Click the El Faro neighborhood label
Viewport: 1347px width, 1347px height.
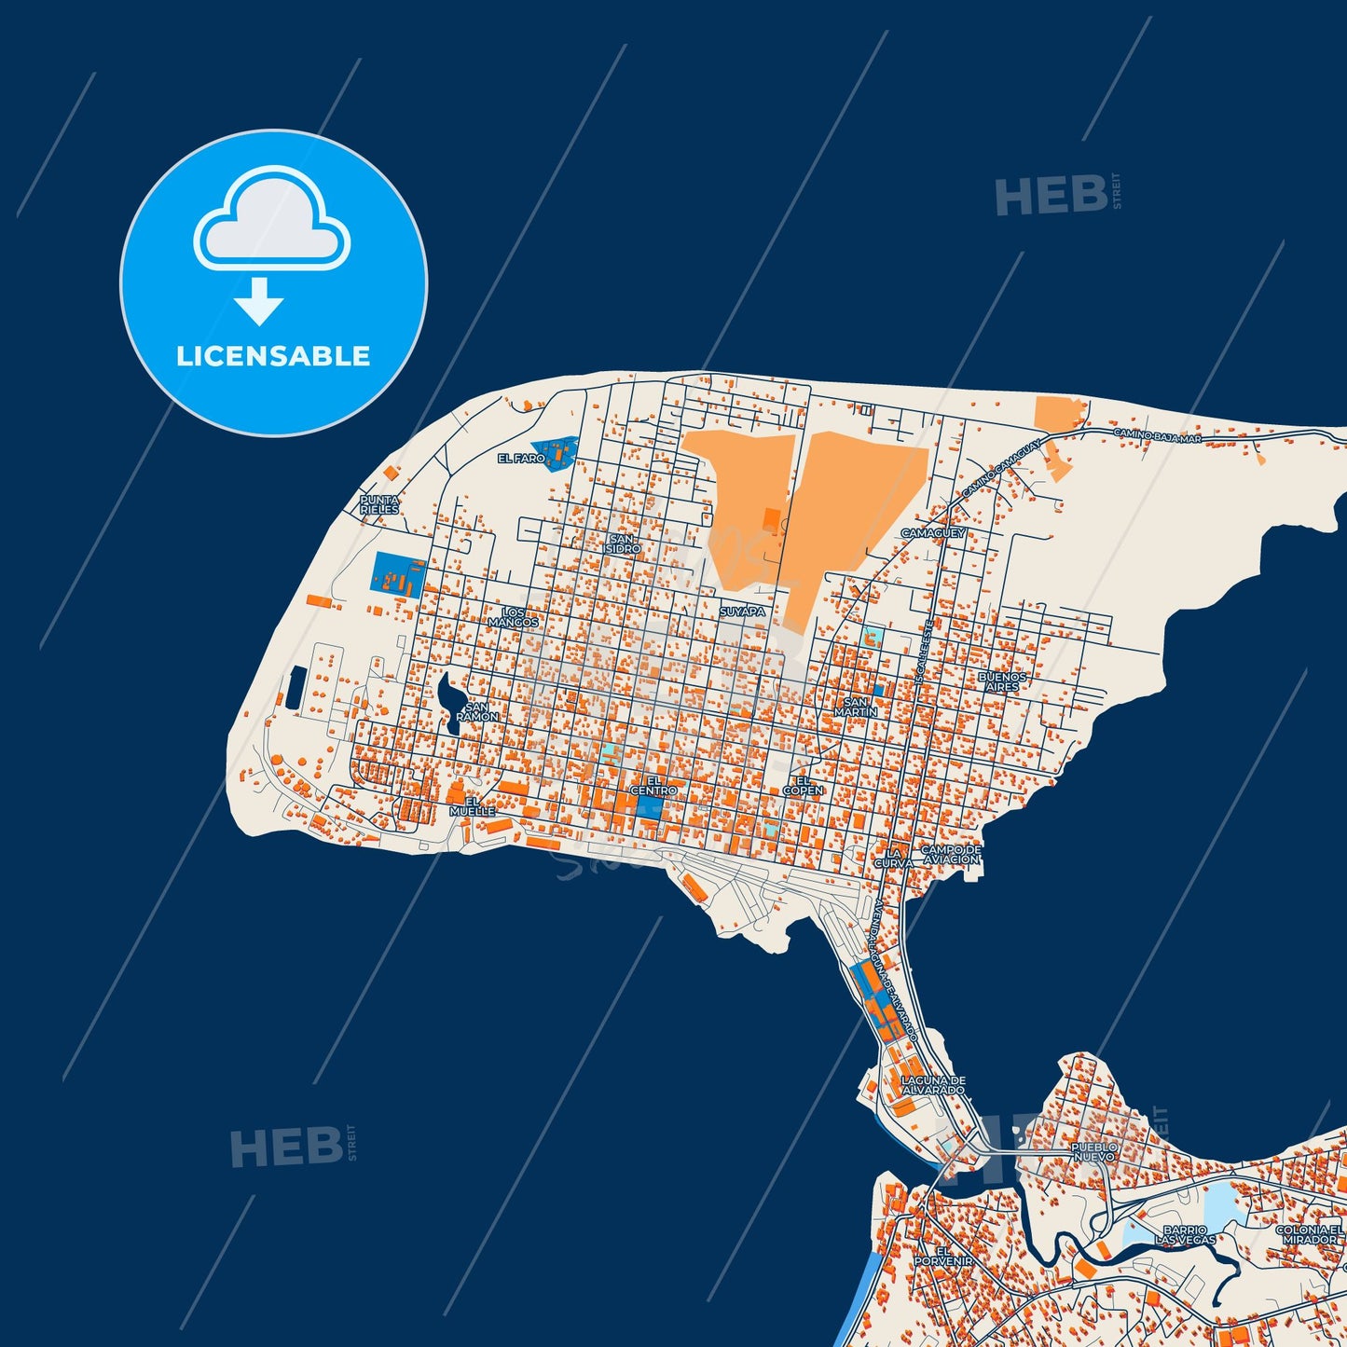521,459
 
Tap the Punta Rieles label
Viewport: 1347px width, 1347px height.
379,505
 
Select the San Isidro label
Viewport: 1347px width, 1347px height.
624,544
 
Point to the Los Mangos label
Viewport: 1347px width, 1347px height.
514,617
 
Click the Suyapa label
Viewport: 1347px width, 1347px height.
742,612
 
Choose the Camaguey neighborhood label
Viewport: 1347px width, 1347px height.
933,533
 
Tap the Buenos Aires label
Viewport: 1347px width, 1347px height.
1003,681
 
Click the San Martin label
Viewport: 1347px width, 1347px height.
856,708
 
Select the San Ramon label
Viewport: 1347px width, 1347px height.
476,712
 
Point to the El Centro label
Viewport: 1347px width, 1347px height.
653,786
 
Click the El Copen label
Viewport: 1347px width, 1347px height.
803,786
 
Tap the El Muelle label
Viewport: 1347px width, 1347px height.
473,806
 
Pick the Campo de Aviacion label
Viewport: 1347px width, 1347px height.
951,855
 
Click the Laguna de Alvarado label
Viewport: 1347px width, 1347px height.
933,1085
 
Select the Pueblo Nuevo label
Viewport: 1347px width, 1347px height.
1093,1151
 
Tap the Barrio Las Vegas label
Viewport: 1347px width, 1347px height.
1185,1235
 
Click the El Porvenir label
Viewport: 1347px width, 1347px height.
943,1256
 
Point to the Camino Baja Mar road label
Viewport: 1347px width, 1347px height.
1157,435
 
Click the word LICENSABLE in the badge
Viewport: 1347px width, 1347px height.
273,356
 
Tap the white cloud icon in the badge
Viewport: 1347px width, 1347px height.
271,220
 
